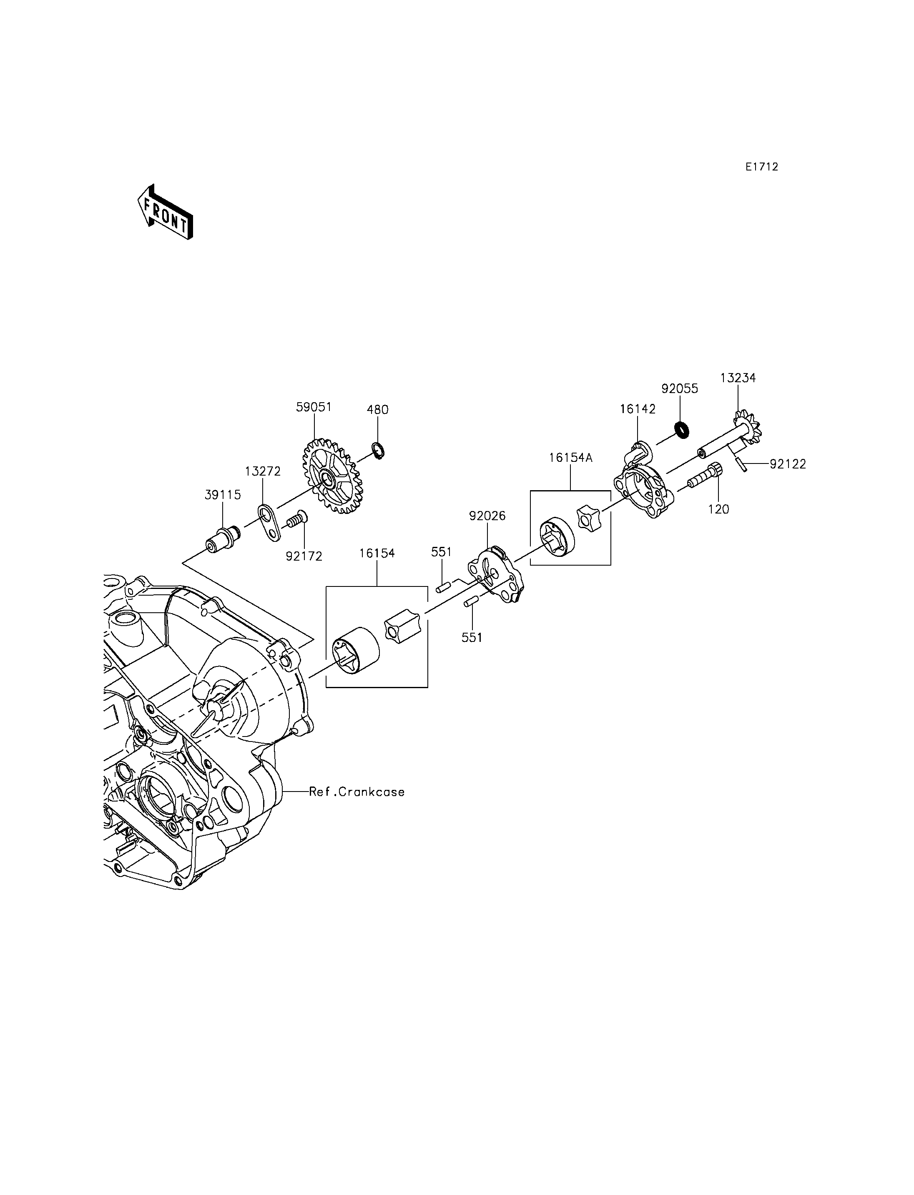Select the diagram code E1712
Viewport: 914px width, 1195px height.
click(x=762, y=168)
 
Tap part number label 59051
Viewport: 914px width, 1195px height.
click(x=314, y=407)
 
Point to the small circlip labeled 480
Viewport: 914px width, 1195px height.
click(x=379, y=451)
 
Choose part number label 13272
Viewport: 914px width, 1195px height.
click(x=263, y=471)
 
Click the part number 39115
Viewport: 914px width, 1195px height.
click(x=223, y=495)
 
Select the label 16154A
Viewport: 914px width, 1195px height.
click(x=570, y=458)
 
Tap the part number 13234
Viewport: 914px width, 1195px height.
click(x=738, y=378)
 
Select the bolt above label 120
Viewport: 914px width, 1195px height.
click(x=705, y=476)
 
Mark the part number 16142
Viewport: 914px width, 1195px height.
click(x=638, y=409)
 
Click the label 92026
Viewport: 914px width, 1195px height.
click(x=487, y=516)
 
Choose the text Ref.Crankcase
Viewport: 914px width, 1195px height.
click(x=357, y=792)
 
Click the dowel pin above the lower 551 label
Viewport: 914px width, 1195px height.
click(x=471, y=601)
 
